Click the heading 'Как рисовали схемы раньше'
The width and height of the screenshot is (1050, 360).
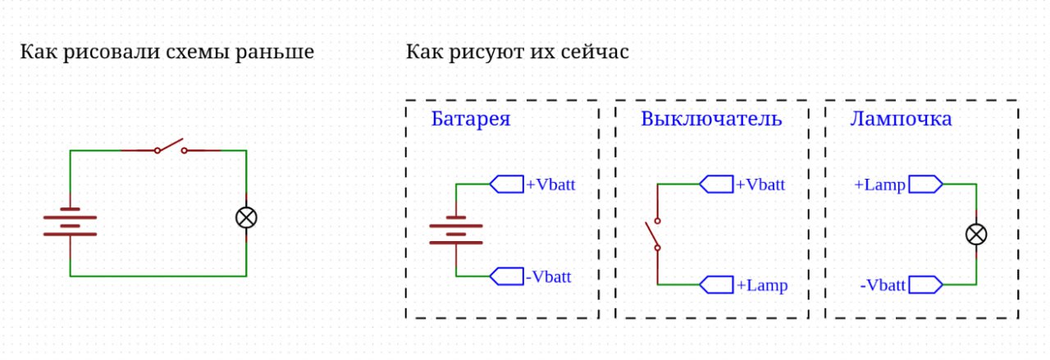[167, 53]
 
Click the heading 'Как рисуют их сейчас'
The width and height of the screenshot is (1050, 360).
[517, 53]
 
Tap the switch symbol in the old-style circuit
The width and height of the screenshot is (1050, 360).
[171, 148]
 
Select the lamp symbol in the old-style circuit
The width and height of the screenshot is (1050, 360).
[246, 217]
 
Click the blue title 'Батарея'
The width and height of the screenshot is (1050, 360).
[471, 119]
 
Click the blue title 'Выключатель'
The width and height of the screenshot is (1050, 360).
[711, 119]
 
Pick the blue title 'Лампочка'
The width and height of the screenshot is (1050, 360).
[901, 119]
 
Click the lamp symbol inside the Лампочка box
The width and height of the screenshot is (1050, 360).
[975, 235]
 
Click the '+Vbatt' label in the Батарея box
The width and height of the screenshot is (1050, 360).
[550, 185]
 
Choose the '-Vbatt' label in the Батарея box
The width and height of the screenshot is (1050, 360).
[547, 277]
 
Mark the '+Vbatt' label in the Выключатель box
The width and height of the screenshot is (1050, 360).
[760, 185]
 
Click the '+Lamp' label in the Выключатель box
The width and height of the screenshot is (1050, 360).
[761, 285]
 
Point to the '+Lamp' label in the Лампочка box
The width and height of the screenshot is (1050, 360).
[879, 185]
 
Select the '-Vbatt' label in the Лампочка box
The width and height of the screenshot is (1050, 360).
[883, 285]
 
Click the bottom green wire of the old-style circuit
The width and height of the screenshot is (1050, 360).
[158, 276]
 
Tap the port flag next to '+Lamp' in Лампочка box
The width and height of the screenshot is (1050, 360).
[925, 185]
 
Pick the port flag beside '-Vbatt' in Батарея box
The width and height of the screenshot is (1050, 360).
[507, 276]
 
